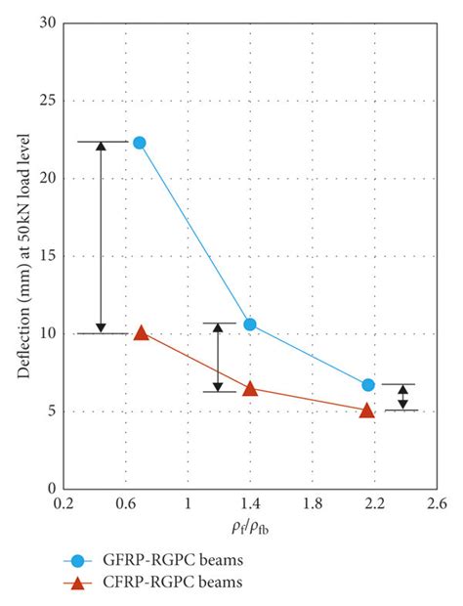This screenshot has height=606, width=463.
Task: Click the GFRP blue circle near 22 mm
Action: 140,143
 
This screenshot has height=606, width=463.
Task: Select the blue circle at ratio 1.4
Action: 250,324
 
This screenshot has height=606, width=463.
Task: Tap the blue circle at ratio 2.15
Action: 367,385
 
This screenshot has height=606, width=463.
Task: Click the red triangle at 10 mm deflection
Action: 141,333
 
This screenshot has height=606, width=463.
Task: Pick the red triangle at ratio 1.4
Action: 250,389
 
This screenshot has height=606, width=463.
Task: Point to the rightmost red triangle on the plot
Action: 367,411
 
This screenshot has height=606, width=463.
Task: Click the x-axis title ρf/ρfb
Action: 250,529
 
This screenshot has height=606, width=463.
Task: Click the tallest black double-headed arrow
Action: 100,238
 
